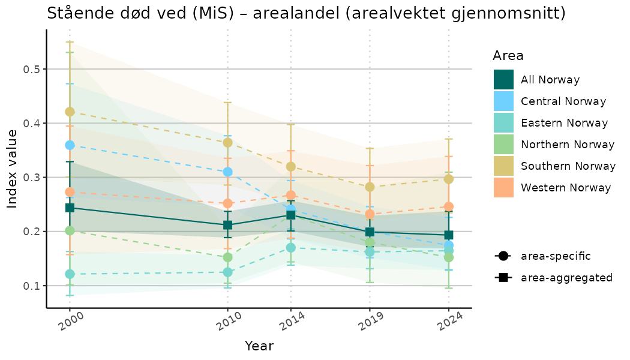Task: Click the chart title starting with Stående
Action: (306, 13)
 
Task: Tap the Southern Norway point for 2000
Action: (70, 112)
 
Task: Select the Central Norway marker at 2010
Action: (227, 172)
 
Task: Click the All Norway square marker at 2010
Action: (227, 226)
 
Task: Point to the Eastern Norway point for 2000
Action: (70, 274)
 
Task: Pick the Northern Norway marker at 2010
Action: (227, 257)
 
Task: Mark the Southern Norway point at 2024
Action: (449, 179)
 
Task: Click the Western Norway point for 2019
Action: (370, 214)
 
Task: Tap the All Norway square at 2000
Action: (70, 208)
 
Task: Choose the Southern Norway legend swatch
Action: (503, 166)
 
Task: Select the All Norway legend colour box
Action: (503, 80)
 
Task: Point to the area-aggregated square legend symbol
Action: (503, 278)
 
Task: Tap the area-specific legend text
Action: (556, 256)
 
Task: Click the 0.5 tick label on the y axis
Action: (32, 70)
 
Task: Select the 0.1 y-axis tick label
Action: (32, 286)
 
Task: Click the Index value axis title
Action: (13, 177)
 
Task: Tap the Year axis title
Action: (259, 346)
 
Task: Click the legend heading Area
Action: (508, 56)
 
